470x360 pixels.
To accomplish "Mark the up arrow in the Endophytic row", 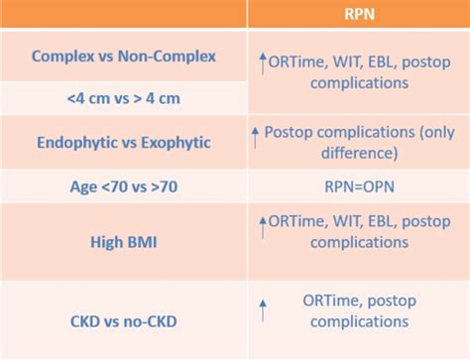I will click(256, 132).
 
